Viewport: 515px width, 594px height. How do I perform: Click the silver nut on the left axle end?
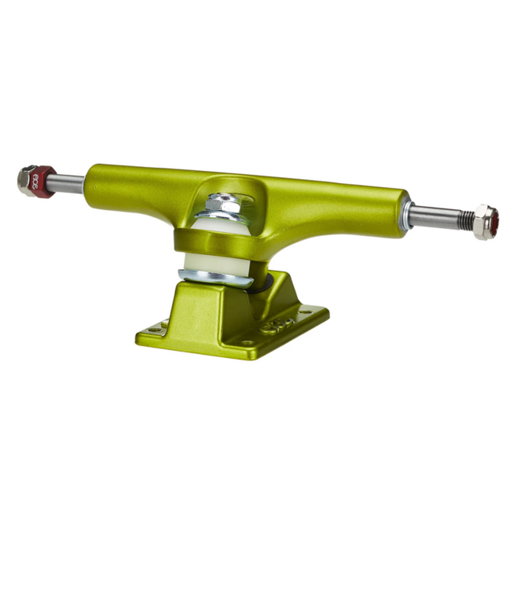(x=27, y=181)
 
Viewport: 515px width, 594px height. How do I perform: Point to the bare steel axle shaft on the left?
(x=68, y=184)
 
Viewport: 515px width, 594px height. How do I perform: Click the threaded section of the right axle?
(x=463, y=217)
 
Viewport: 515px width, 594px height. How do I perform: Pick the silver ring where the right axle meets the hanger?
(x=406, y=211)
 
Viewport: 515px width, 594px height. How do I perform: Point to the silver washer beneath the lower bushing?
(x=212, y=276)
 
